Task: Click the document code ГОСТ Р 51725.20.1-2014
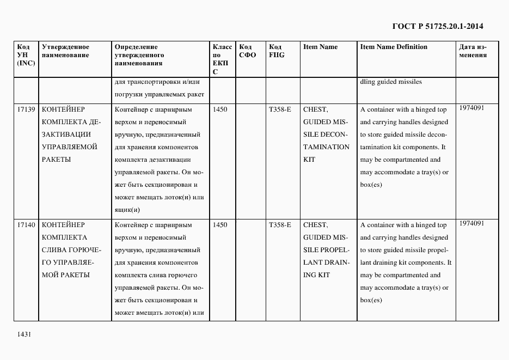click(438, 26)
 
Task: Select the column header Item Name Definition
click(394, 47)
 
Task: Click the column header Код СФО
click(247, 51)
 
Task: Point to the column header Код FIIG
click(277, 51)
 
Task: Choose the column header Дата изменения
click(473, 51)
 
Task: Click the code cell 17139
click(26, 109)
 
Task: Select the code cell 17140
click(26, 224)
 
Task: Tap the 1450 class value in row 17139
click(220, 109)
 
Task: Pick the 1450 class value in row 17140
click(220, 224)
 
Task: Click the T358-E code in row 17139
click(280, 109)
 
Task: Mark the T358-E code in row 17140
click(280, 224)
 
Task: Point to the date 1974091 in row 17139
click(471, 108)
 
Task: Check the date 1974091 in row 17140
click(471, 223)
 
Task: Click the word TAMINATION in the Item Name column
click(326, 147)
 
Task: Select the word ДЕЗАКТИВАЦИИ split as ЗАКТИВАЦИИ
click(66, 135)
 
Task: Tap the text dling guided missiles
click(391, 82)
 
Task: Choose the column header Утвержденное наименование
click(65, 51)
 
